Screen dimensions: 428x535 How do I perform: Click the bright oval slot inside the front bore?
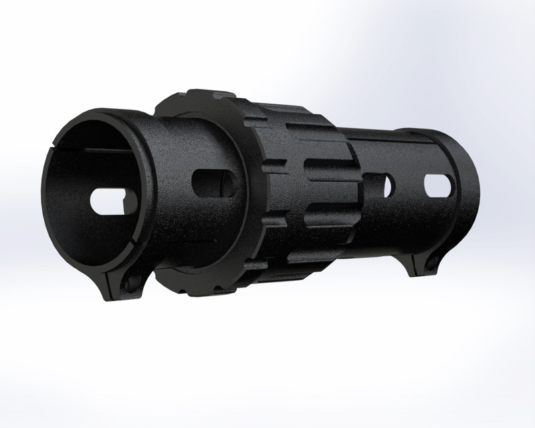tap(110, 201)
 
